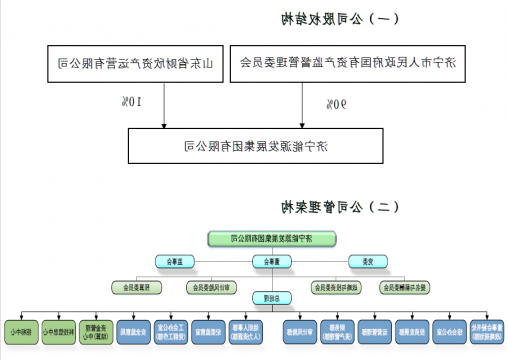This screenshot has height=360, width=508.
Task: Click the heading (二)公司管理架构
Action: (x=341, y=207)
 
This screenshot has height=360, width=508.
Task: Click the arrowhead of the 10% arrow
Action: (x=167, y=124)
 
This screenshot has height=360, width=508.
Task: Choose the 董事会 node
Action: (x=265, y=262)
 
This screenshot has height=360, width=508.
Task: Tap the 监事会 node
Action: (x=171, y=262)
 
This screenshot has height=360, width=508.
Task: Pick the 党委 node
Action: (x=366, y=262)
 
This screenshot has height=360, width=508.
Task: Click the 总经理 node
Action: (x=270, y=297)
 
